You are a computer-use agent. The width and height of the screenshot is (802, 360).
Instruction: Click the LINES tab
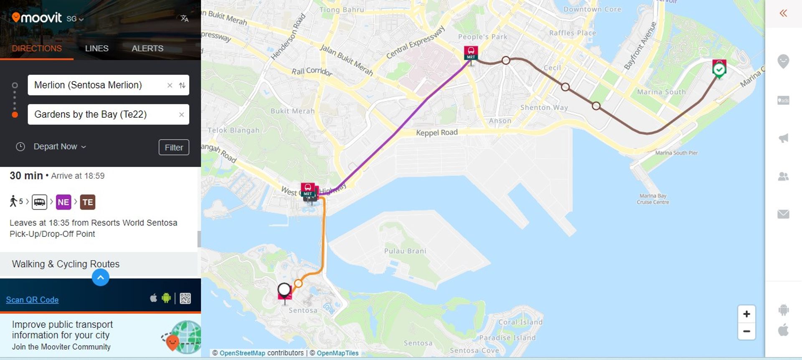96,48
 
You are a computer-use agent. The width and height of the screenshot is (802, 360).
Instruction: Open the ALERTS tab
147,48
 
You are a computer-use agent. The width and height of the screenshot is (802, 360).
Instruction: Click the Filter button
174,147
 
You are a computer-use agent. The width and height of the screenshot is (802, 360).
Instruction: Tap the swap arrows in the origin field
182,85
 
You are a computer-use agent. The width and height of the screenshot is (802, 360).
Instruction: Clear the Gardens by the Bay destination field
181,115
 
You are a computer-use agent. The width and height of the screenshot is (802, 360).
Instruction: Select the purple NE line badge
63,202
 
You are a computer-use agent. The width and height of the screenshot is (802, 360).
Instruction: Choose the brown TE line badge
88,202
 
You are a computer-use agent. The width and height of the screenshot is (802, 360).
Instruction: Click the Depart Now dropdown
59,147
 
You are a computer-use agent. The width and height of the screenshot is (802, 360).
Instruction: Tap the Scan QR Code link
32,300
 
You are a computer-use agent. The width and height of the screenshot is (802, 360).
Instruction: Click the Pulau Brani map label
405,251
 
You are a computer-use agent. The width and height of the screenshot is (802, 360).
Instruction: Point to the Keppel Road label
437,133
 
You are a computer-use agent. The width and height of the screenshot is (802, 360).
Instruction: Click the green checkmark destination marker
719,70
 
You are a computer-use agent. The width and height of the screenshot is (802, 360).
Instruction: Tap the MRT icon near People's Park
471,53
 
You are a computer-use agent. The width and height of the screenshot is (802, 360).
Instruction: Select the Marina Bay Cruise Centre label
653,199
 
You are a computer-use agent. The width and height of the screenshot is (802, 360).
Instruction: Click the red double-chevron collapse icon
783,13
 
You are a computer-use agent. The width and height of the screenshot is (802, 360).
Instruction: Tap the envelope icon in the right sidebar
783,214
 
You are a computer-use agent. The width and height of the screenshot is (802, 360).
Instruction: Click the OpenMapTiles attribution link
338,353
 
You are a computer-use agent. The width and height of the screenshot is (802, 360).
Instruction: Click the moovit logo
37,18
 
